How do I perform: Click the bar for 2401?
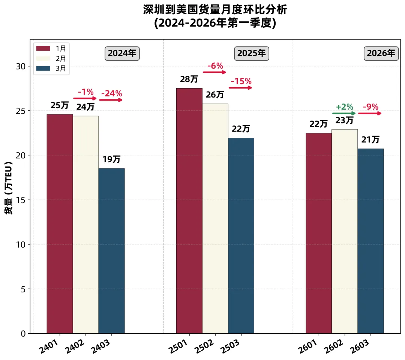60,224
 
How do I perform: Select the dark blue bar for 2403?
111,251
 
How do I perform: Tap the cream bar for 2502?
215,218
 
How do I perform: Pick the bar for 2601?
318,233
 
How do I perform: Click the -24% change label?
111,94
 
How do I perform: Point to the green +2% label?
344,107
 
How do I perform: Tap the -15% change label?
241,81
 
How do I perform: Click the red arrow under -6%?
214,72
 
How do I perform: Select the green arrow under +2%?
344,113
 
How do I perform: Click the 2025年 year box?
252,53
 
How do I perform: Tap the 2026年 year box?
381,53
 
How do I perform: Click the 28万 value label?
189,80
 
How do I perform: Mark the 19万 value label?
111,160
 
